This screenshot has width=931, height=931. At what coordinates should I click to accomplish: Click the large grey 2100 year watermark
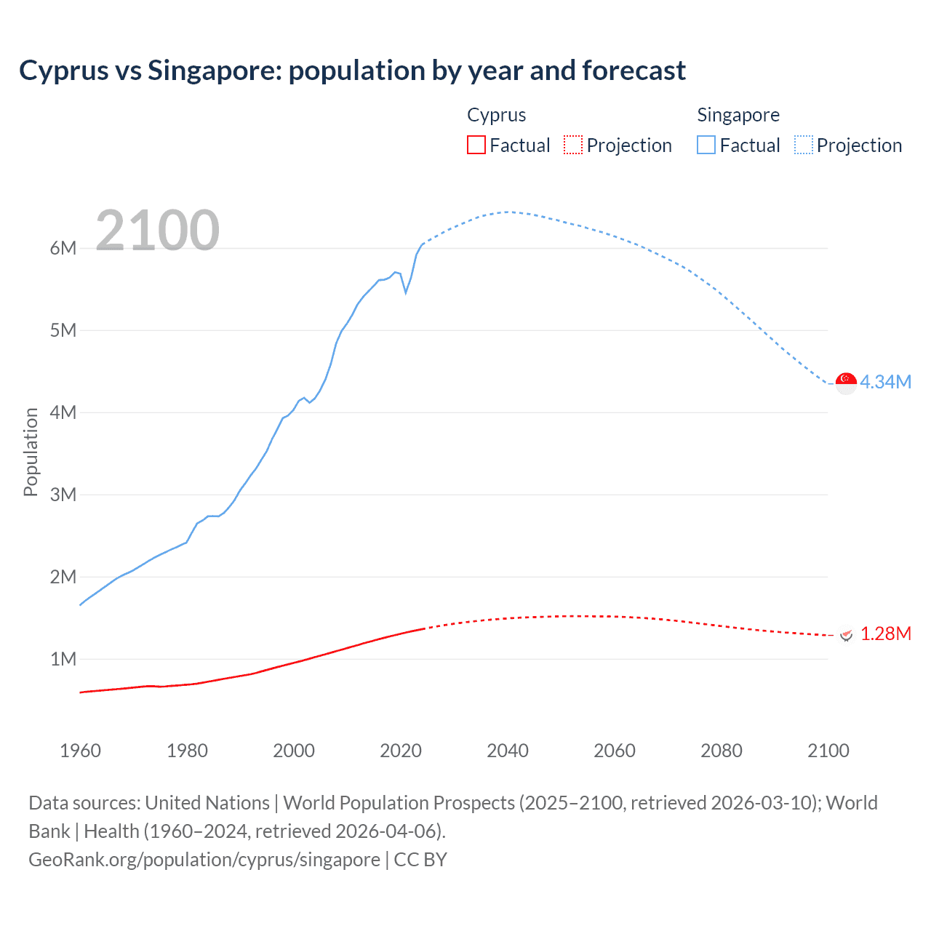coord(157,231)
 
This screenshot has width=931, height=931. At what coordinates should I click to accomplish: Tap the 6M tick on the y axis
coord(63,248)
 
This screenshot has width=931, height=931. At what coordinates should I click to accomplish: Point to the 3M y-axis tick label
coord(63,495)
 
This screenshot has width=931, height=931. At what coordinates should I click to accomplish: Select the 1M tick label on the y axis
coord(63,659)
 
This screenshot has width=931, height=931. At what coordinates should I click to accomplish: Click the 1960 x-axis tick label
coord(80,751)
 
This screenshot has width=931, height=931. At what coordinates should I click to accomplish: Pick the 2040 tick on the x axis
coord(508,751)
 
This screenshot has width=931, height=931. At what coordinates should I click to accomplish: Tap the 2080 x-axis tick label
coord(722,751)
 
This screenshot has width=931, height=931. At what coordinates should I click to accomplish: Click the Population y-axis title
coord(31,452)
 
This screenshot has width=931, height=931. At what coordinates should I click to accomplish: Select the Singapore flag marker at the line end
coord(846,383)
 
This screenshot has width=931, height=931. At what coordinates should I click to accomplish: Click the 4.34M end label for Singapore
coord(885,382)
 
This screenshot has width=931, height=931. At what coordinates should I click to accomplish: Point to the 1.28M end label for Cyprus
coord(885,634)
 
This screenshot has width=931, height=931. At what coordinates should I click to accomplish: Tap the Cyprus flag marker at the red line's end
coord(846,634)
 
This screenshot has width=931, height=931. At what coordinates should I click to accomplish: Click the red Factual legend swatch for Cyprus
coord(476,145)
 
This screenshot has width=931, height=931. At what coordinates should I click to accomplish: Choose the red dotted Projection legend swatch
coord(573,145)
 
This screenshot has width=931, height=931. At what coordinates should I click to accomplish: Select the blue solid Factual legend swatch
coord(706,145)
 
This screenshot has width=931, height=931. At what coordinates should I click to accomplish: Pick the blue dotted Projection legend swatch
coord(804,145)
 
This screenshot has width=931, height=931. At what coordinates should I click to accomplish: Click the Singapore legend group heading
coord(738,115)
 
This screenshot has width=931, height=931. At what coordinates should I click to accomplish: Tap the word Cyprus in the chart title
coord(63,71)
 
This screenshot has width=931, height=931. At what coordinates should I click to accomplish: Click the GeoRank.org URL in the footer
coord(204,859)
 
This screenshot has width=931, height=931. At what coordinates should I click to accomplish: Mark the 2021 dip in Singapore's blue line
coord(406,292)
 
